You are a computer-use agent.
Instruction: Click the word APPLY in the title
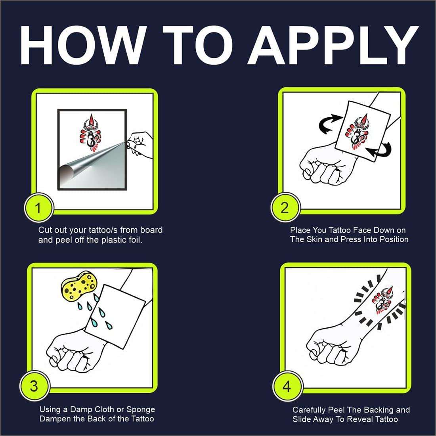[x=333, y=45]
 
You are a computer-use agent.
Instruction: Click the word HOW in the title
[x=83, y=45]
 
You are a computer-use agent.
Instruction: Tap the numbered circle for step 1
[x=38, y=208]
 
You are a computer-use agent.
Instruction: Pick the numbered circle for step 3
[x=34, y=386]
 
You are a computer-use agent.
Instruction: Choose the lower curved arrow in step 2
[x=380, y=151]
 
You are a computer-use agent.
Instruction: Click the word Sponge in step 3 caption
[x=141, y=410]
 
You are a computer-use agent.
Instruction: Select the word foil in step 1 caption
[x=136, y=240]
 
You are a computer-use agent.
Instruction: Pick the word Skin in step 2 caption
[x=314, y=239]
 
